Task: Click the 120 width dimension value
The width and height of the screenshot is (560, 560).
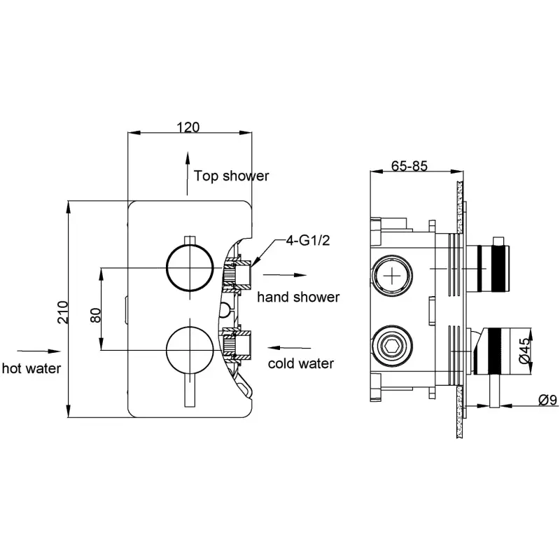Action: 188,127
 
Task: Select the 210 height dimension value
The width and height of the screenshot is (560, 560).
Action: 63,312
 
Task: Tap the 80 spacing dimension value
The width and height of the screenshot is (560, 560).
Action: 96,316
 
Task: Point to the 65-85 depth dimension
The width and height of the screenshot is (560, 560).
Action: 409,166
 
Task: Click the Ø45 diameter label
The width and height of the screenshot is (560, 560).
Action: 524,351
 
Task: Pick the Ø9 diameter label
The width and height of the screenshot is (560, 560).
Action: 547,400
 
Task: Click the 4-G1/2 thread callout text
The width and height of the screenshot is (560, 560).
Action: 308,241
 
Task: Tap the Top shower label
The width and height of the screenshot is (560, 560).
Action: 232,176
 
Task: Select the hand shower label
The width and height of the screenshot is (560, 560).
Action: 298,297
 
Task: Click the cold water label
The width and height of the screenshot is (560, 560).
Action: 301,363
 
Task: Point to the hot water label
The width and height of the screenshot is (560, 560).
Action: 31,369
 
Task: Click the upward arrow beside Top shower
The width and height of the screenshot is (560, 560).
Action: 187,174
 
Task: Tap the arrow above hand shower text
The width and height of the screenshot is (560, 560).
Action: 285,275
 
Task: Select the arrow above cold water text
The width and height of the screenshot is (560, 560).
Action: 289,347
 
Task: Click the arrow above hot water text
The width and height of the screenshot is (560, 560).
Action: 39,351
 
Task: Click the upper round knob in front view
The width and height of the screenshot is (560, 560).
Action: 190,267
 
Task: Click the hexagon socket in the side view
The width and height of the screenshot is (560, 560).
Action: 392,346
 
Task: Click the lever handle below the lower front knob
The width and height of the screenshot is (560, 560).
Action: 190,391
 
